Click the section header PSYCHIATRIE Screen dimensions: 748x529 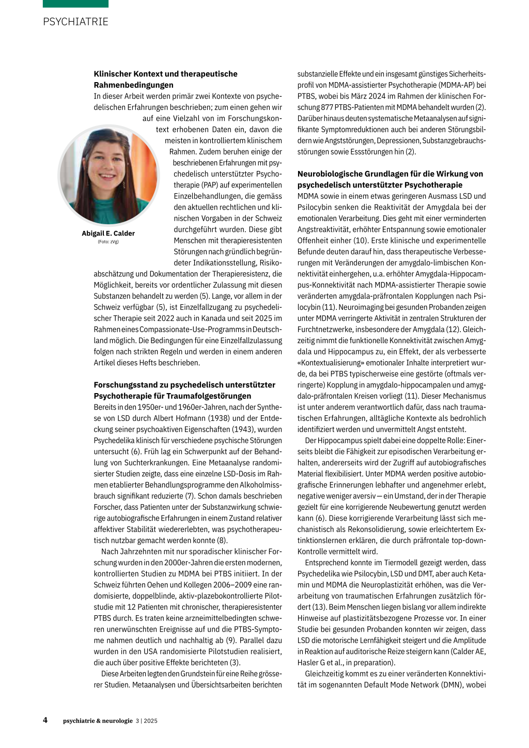[x=75, y=22]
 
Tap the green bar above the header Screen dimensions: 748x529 [x=75, y=4]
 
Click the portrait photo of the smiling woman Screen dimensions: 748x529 [x=108, y=176]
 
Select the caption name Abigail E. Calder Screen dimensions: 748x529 [x=108, y=233]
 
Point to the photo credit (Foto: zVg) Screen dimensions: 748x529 [x=108, y=242]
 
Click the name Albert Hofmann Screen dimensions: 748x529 [x=180, y=418]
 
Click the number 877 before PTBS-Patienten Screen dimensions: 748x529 [x=327, y=107]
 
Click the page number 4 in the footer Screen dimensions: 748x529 [x=45, y=720]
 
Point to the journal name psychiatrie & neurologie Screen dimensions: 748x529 [x=98, y=721]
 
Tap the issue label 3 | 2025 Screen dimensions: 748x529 [x=147, y=721]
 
